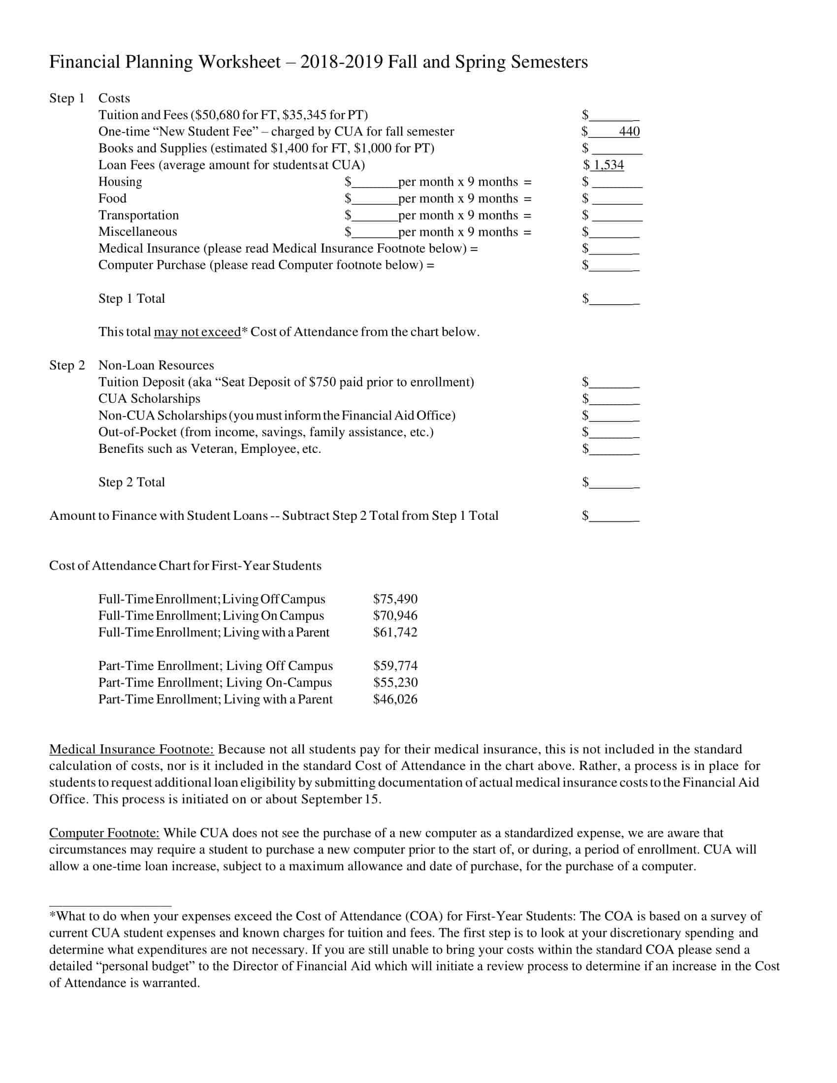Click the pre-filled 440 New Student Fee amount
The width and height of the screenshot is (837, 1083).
629,131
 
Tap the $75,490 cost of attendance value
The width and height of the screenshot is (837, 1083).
395,599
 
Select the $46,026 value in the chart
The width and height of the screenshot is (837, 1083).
395,699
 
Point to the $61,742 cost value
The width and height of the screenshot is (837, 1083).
395,632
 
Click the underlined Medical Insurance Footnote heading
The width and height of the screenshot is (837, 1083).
131,749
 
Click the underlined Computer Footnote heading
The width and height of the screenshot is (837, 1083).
104,832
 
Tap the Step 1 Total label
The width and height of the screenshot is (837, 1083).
131,298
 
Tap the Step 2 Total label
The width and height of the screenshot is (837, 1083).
131,482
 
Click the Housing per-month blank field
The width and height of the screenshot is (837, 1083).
374,183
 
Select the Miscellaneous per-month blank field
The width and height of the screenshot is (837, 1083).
374,232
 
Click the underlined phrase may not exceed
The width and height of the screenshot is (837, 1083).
197,332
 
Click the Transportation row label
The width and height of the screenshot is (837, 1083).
138,215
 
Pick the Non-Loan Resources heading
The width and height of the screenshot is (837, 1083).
156,365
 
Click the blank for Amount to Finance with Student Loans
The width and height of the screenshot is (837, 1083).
614,517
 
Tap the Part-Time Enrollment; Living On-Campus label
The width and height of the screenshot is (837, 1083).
215,682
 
